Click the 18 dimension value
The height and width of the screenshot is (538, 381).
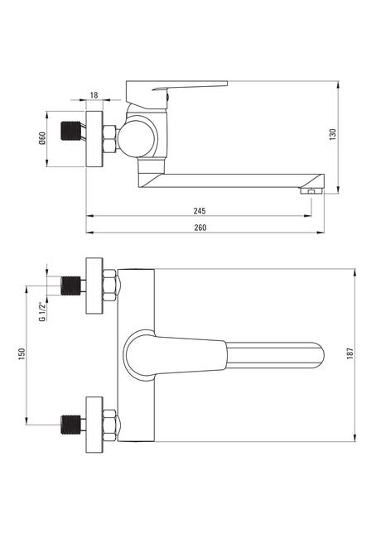pos(94,95)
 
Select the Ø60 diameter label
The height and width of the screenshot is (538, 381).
pos(42,138)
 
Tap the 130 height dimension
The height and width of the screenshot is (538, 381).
pos(333,134)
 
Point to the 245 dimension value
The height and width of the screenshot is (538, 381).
pos(200,211)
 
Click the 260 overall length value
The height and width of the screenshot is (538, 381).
pos(200,228)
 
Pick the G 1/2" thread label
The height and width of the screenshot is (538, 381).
pos(42,311)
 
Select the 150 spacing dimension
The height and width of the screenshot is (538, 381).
pos(22,353)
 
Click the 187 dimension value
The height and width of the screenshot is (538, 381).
pos(350,353)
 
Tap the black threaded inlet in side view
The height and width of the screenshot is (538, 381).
pos(71,131)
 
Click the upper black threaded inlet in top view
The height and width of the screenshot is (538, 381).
pos(71,286)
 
